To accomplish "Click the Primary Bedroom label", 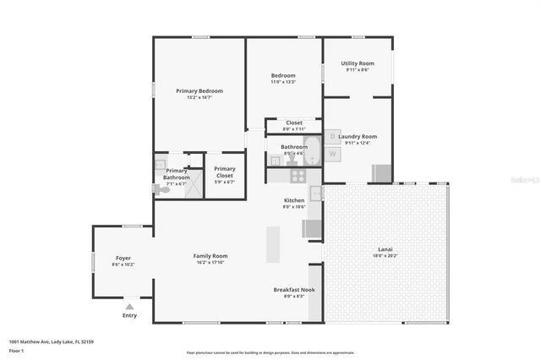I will [199, 90].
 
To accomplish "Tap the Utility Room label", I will [357, 63].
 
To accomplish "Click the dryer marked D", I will [332, 136].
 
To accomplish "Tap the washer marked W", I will [332, 153].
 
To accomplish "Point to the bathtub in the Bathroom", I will [314, 150].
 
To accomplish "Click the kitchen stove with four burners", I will [298, 176].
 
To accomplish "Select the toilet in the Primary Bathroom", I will [162, 190].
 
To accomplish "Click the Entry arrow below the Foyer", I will [129, 307].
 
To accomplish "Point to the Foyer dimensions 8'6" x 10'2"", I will [123, 265].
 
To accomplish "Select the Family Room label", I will [210, 256].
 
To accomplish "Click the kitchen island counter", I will [273, 246].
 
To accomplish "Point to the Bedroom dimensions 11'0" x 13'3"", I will [283, 82].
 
